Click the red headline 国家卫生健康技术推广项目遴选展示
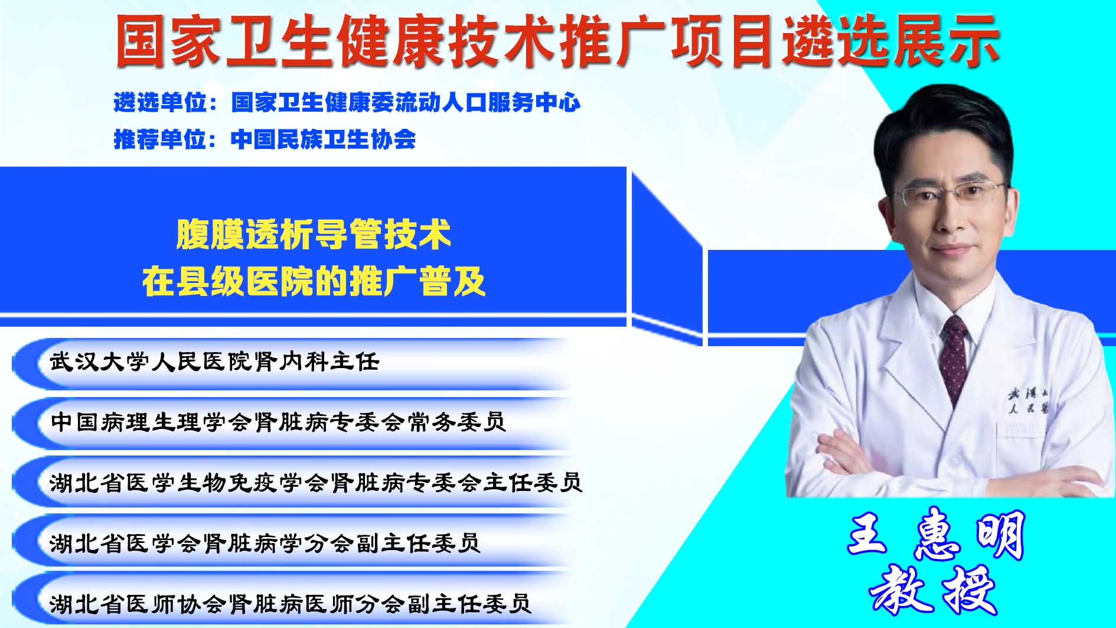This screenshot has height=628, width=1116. pyautogui.click(x=557, y=40)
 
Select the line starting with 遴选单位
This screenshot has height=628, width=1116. pyautogui.click(x=347, y=103)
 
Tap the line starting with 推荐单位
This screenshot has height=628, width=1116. pyautogui.click(x=265, y=139)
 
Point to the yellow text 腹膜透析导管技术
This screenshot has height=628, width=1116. pyautogui.click(x=314, y=235)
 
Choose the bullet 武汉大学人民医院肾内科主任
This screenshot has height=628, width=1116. pyautogui.click(x=214, y=362)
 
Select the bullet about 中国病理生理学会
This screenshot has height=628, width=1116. pyautogui.click(x=278, y=422)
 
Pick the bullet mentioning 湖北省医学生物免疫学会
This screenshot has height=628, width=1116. pyautogui.click(x=316, y=483)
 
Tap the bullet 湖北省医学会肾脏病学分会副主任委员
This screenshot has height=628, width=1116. pyautogui.click(x=265, y=542)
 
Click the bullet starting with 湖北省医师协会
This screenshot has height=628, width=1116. pyautogui.click(x=291, y=603)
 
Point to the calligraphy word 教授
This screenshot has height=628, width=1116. pyautogui.click(x=934, y=591)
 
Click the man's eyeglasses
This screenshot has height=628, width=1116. pyautogui.click(x=949, y=194)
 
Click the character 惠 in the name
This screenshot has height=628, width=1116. pyautogui.click(x=936, y=535)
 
